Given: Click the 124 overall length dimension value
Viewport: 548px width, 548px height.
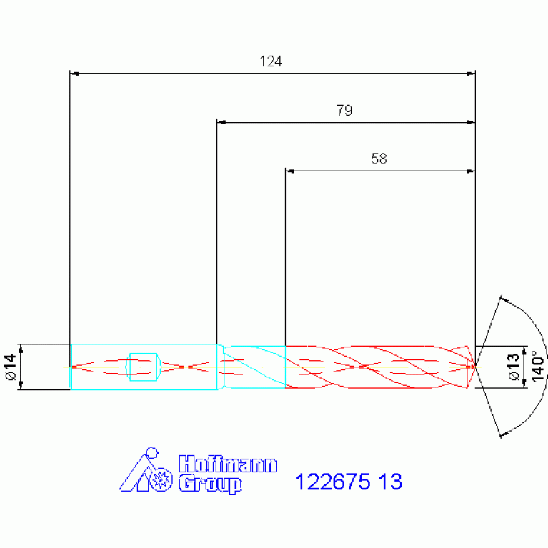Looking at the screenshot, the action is tap(271, 61).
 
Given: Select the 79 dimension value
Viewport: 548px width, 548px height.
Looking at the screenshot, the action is tap(344, 111).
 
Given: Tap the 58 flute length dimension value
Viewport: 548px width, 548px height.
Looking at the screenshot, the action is tap(379, 159).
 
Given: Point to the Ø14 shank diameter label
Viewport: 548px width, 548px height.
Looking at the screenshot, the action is tap(11, 367).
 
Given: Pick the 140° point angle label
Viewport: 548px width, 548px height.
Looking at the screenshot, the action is tap(537, 367).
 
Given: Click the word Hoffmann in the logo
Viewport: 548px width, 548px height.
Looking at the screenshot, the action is tap(227, 464).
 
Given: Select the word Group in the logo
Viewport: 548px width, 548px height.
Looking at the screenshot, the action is tap(210, 484).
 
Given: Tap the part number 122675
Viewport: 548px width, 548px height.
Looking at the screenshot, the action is tap(332, 482).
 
